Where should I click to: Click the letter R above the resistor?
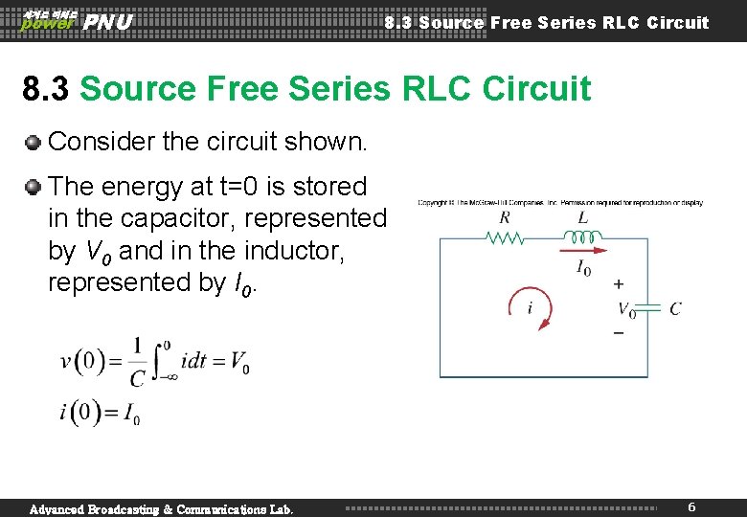tap(505, 217)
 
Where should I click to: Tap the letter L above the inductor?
tap(582, 217)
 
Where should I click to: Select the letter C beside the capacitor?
tap(675, 308)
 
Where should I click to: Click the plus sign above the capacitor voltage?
tap(618, 284)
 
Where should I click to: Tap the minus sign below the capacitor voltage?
tap(618, 333)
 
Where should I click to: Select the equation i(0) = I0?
tap(100, 414)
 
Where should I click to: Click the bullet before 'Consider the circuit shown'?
tap(34, 142)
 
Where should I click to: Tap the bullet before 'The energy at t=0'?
tap(34, 186)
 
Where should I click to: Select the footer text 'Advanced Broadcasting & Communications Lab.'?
tap(162, 508)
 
